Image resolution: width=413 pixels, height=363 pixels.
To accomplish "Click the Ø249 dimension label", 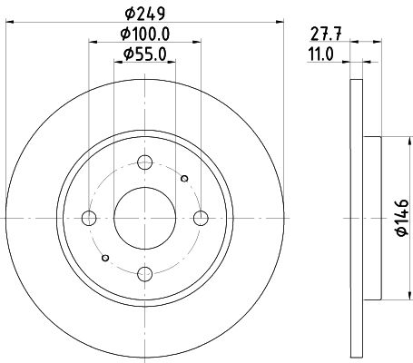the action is tap(145, 14).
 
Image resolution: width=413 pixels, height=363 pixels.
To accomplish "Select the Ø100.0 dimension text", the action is tap(145, 34).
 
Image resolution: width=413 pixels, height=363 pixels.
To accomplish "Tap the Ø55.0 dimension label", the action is tap(145, 54).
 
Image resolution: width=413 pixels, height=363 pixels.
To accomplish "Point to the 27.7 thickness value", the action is tap(326, 34).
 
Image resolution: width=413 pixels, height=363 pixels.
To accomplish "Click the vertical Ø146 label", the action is tap(402, 217).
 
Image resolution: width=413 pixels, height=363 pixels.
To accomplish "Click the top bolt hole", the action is tap(144, 162).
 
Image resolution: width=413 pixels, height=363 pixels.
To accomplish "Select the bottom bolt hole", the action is tap(144, 274).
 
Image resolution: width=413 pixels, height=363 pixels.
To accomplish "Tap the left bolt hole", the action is tap(89, 218).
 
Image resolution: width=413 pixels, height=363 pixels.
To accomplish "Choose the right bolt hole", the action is tap(201, 218).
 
